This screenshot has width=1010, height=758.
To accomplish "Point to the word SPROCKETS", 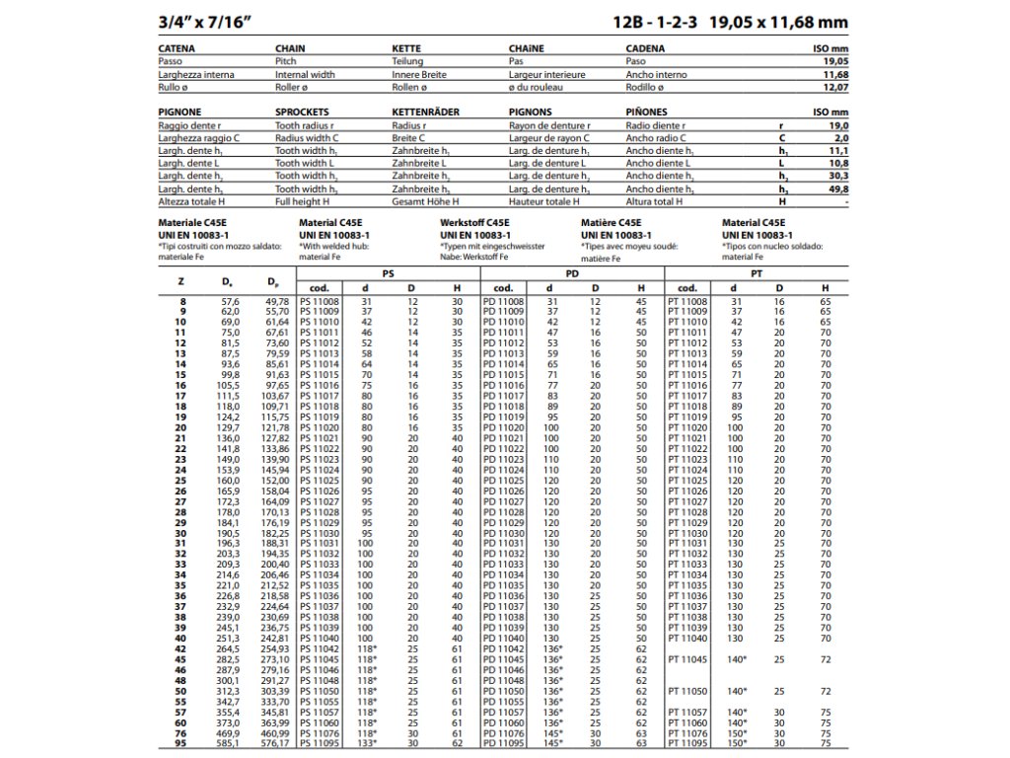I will (302, 113).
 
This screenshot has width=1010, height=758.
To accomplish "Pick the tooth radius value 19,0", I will (838, 126).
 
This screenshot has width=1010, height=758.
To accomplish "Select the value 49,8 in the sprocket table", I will (837, 188).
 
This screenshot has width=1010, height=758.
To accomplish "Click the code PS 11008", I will (320, 301).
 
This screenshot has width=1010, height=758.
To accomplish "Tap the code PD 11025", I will (503, 480).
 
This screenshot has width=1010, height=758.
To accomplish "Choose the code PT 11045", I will (687, 659).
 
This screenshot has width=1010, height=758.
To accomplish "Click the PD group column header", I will (571, 271).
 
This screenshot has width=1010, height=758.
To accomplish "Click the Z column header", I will (180, 286).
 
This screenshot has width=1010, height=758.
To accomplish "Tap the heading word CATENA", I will (177, 46).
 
